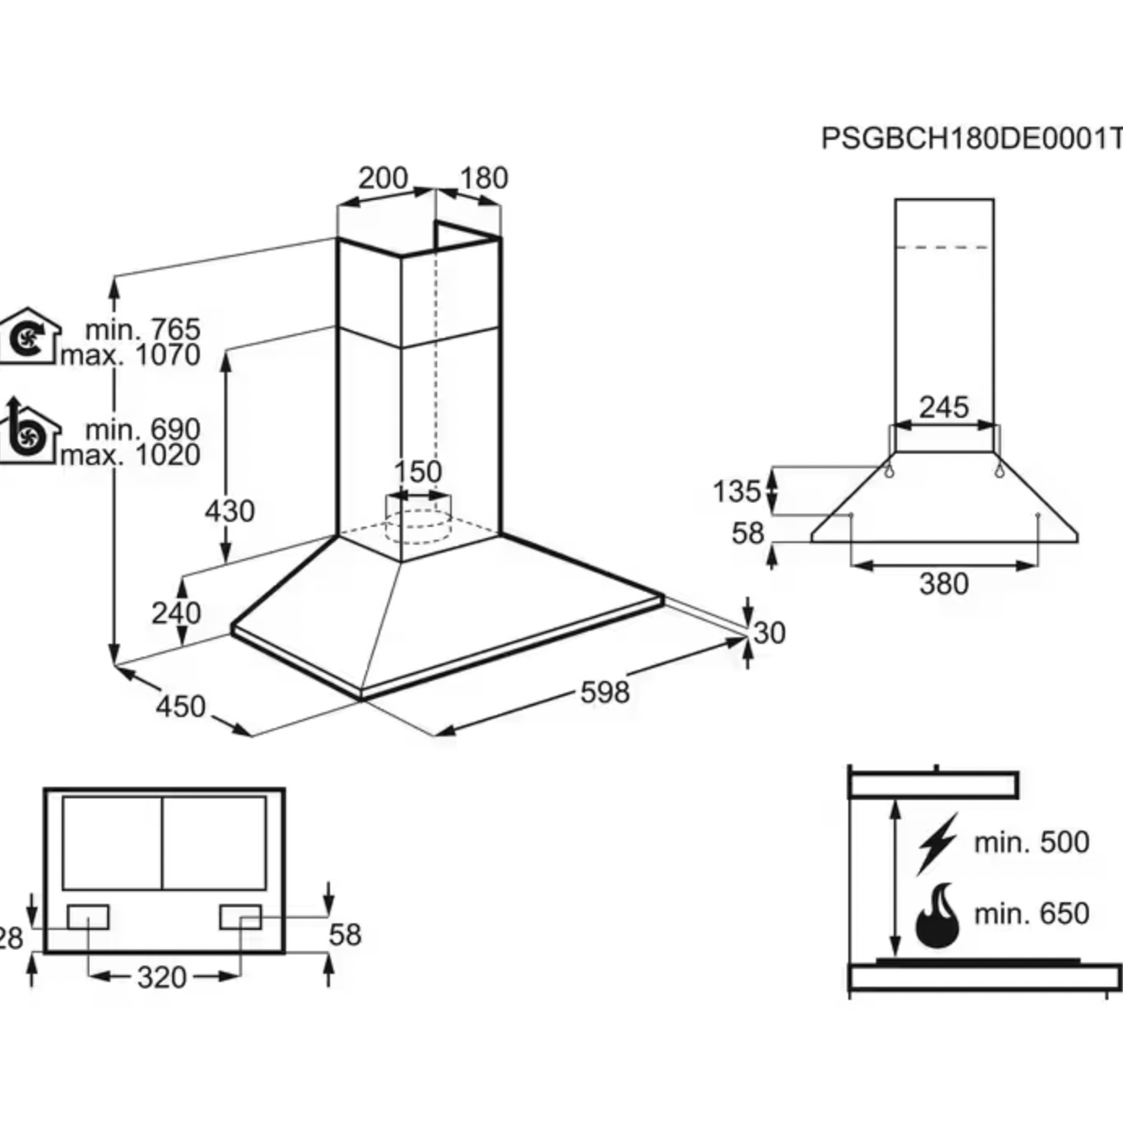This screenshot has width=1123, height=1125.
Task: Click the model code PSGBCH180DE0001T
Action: point(971,139)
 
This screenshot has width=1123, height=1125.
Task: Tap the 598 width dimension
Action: point(605,693)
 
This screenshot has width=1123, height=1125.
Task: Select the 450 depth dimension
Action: point(180,706)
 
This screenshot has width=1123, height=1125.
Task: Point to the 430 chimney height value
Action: point(229,511)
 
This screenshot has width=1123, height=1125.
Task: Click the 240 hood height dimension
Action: point(176,612)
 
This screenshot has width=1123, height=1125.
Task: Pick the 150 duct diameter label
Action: point(418,472)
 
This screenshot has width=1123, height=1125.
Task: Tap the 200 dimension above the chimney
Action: point(383,178)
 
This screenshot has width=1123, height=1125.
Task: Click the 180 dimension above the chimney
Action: point(483,178)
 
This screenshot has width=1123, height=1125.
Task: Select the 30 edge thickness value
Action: point(769,633)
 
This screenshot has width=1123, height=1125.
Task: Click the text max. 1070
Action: point(131,355)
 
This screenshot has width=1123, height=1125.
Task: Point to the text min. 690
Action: point(142,428)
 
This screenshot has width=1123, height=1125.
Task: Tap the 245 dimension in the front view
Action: point(943,407)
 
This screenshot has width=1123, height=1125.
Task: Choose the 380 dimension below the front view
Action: point(943,584)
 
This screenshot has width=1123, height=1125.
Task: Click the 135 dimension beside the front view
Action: point(736,491)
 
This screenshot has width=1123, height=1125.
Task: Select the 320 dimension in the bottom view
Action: point(162,977)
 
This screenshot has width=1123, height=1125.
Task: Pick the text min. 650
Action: point(1031,914)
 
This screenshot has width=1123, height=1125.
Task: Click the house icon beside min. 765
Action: point(29,335)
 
